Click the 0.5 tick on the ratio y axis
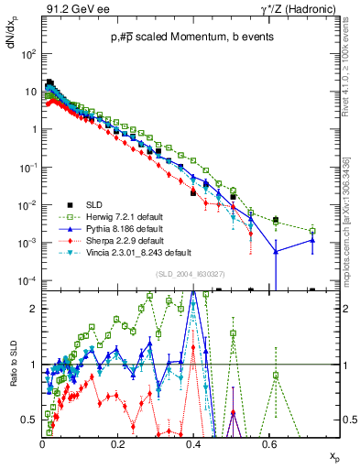pyautogui.click(x=30, y=420)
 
